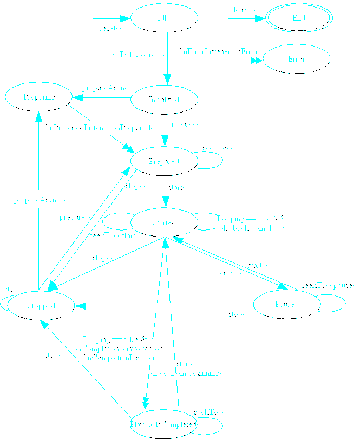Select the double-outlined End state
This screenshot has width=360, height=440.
[x=298, y=18]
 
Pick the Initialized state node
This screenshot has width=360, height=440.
[x=164, y=100]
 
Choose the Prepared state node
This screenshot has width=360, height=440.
[x=164, y=161]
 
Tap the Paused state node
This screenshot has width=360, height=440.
[x=287, y=305]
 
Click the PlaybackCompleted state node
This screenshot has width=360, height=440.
[x=163, y=425]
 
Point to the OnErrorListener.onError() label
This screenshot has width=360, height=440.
[x=219, y=52]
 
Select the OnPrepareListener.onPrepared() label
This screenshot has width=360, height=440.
[x=100, y=128]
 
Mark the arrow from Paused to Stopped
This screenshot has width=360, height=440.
[x=162, y=306]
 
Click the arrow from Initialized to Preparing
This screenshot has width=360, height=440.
[x=103, y=97]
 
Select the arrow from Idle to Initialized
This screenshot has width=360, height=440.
[x=168, y=60]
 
